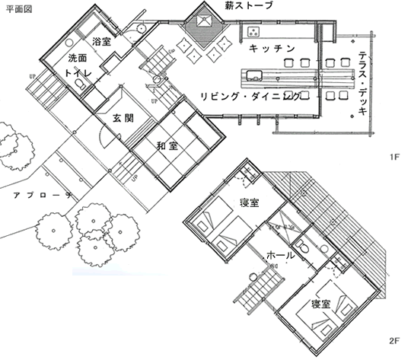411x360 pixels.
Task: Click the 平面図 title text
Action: (19, 9)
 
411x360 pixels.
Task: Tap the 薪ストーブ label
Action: (249, 5)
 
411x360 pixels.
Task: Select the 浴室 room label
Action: (101, 41)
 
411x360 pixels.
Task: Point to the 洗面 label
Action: (78, 58)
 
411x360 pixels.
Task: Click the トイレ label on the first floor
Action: (78, 73)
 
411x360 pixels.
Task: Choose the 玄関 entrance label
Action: (123, 118)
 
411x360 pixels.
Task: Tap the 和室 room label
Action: (167, 146)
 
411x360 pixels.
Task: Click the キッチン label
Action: (272, 49)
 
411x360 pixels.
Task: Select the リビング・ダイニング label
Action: (250, 97)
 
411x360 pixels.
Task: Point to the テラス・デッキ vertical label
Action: (362, 83)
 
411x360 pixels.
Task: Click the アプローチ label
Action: (43, 196)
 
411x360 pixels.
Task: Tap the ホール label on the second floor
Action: (280, 255)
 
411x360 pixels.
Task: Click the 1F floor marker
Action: (394, 157)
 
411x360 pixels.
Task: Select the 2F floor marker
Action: (394, 341)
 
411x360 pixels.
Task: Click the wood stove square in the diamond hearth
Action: (204, 21)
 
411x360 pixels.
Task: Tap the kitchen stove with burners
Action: (253, 31)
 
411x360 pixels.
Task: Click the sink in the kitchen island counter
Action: (254, 75)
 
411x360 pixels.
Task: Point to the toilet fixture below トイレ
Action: (79, 84)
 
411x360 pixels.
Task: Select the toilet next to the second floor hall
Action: (301, 246)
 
